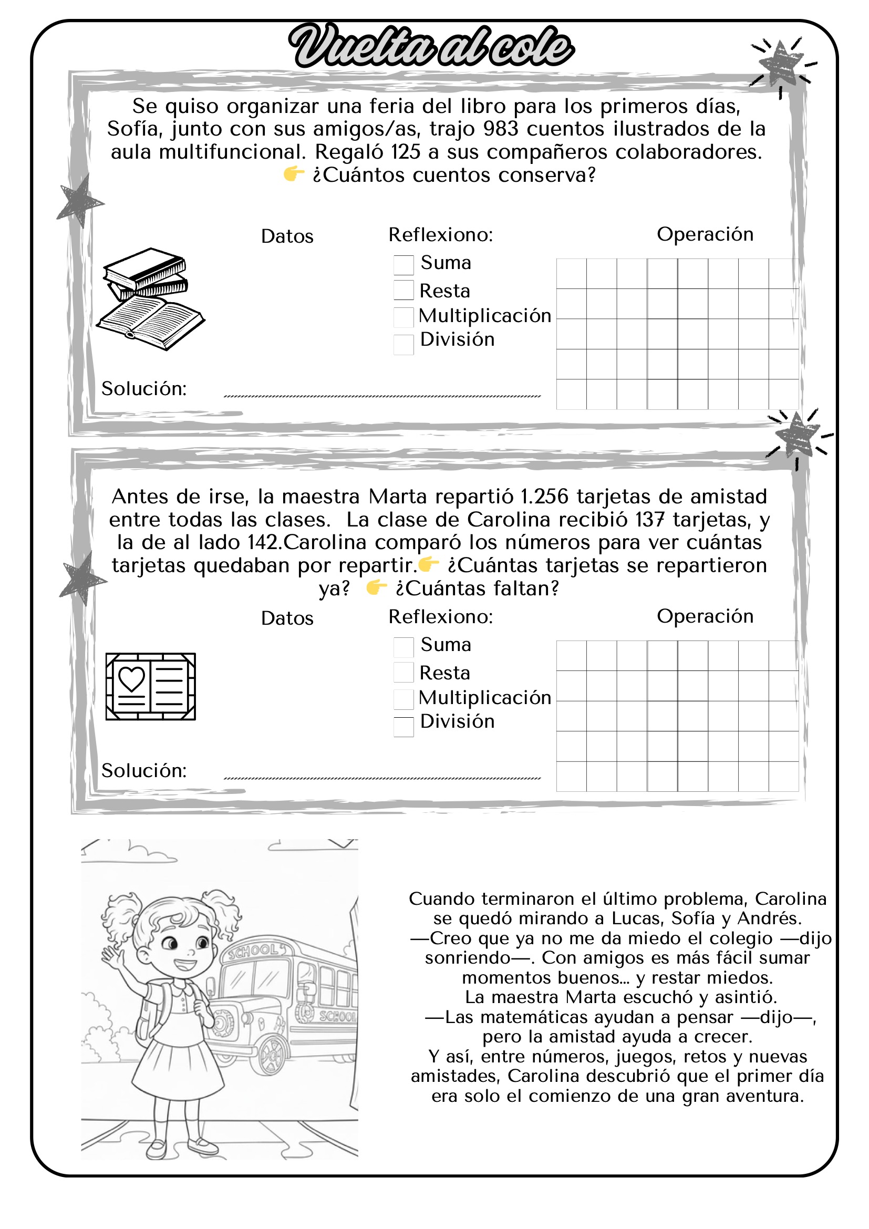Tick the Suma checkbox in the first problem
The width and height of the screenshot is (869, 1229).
(404, 264)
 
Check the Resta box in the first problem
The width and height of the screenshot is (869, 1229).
(404, 290)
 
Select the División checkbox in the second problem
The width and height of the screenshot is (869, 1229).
(404, 726)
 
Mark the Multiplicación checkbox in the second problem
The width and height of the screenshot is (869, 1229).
(404, 699)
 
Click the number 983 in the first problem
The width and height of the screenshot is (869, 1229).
(501, 129)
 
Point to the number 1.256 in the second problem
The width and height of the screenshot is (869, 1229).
(544, 497)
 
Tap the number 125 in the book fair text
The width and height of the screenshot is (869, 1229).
(406, 152)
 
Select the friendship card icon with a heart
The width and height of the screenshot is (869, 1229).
(150, 686)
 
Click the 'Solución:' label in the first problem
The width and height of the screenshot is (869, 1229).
(144, 389)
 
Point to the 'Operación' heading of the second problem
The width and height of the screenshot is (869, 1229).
(705, 616)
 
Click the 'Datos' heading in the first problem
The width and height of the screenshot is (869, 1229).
(287, 236)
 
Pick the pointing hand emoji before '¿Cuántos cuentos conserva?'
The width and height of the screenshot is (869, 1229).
(294, 174)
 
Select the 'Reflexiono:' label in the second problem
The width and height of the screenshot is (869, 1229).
(440, 617)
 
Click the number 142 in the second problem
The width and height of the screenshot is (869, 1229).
(263, 542)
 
